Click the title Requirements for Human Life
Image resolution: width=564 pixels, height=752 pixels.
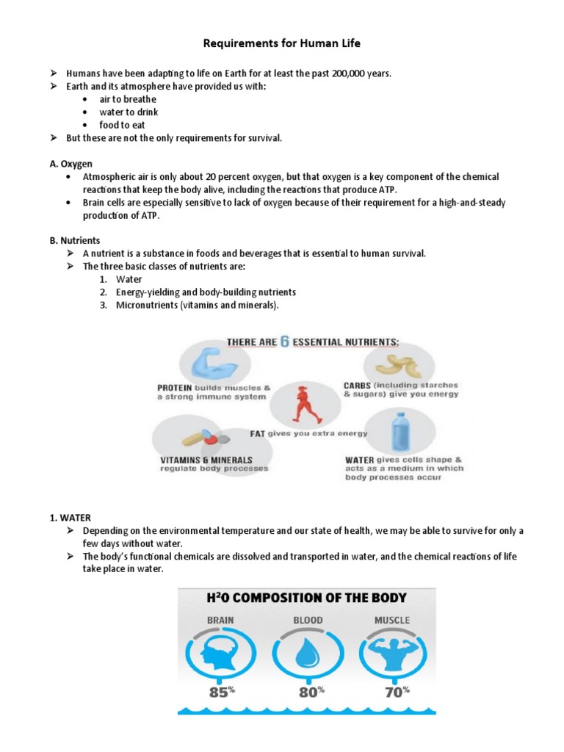282,44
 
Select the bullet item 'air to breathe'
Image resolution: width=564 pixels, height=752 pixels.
128,99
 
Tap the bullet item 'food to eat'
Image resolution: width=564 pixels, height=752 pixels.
123,125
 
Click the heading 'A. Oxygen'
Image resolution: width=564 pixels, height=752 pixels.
71,164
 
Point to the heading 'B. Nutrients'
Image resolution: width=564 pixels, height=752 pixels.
75,240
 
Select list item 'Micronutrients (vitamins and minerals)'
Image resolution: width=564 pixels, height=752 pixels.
198,305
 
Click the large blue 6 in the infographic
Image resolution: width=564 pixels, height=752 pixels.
284,343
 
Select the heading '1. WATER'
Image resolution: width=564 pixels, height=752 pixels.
71,518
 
